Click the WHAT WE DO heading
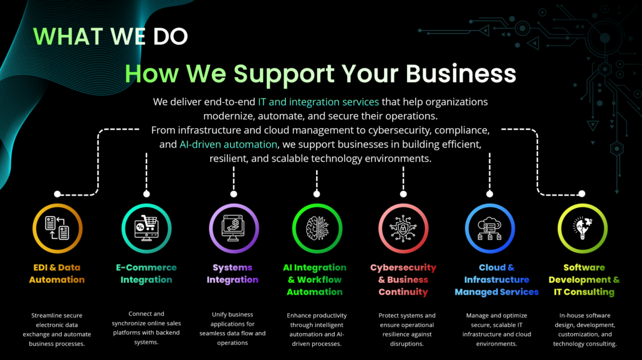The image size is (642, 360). coord(110,36)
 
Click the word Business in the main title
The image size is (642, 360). coord(461,73)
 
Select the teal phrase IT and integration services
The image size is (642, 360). coord(318,102)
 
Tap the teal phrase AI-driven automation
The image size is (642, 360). coord(228,144)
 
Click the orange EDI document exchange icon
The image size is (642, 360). coord(57,229)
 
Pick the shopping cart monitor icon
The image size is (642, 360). coord(146,229)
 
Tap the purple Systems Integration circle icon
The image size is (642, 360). coord(234,229)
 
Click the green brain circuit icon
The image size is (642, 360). coord(317,229)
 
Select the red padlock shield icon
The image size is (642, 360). coord(403,229)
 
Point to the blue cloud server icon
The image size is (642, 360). coord(490,229)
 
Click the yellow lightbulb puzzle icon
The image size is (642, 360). coord(582,229)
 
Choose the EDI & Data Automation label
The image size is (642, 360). coord(57,273)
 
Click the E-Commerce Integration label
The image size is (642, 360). coord(146,273)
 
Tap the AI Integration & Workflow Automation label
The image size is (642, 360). coord(314,280)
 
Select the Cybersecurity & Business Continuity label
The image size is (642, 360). coord(403,280)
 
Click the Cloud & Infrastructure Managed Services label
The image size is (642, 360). coord(496,280)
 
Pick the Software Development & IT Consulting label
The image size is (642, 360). coord(584,280)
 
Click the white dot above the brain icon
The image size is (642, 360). coord(317,194)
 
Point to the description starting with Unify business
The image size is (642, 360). coord(232,328)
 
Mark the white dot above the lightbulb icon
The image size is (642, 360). coord(582,194)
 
